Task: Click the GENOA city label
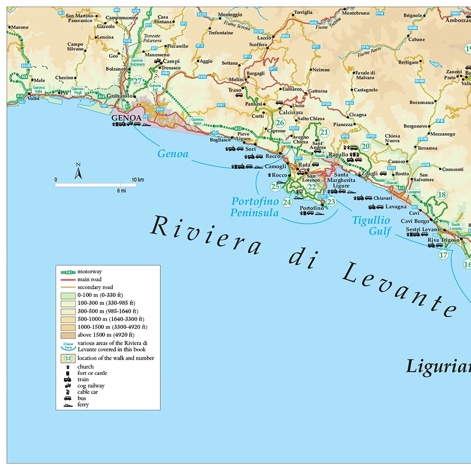point(126,118)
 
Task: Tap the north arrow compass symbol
point(78,171)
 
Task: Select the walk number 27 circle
point(138,81)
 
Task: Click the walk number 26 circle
point(280,123)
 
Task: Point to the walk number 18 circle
point(442,195)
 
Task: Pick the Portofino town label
point(311,208)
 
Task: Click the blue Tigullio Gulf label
point(371,226)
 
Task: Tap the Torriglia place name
point(303,12)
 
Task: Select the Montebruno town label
point(356,13)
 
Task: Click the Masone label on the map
point(19,27)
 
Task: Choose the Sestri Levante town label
point(423,229)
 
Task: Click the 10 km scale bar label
point(138,179)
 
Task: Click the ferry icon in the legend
point(68,405)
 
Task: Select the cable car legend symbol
point(68,392)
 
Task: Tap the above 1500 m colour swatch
point(68,335)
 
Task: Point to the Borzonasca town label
point(421,102)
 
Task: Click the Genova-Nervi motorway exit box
point(197,121)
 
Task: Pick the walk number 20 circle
point(365,146)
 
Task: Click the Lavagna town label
point(396,207)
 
